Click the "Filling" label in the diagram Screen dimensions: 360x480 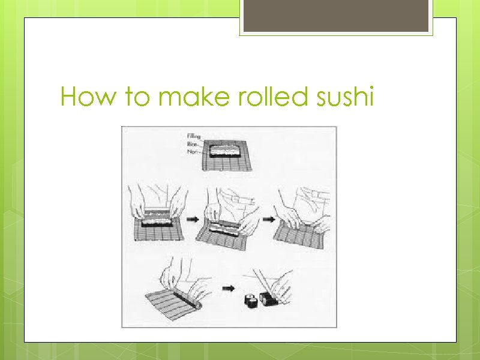pyautogui.click(x=194, y=137)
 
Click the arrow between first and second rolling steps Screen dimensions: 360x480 pyautogui.click(x=193, y=220)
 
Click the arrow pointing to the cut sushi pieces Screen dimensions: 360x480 pyautogui.click(x=228, y=289)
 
